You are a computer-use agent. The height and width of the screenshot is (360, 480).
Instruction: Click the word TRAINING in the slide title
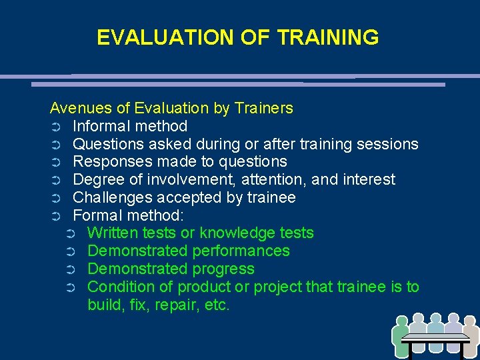click(328, 37)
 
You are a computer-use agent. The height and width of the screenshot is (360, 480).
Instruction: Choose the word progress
click(223, 269)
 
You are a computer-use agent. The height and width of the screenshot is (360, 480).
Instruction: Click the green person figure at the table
click(401, 337)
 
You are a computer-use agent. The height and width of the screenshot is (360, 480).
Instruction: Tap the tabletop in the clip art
click(437, 337)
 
